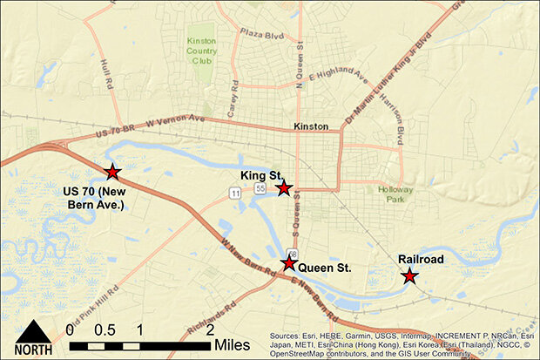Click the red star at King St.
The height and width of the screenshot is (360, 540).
(x=283, y=188)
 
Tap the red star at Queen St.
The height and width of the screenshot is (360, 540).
(x=288, y=263)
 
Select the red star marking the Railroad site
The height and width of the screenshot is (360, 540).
(x=408, y=276)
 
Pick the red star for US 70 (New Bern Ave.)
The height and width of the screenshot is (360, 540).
(x=111, y=173)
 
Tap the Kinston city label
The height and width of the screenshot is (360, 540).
(x=311, y=126)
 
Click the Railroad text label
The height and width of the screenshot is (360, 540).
(x=422, y=260)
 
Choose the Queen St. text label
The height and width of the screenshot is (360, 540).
(x=324, y=268)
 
